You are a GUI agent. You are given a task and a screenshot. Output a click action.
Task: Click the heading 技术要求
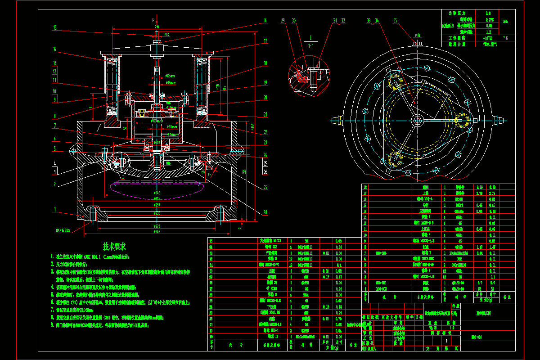115,246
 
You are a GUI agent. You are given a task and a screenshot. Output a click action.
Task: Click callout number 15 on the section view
55,27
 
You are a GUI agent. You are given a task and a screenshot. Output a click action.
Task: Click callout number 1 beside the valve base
55,209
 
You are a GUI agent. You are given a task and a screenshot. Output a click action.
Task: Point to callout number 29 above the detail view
283,21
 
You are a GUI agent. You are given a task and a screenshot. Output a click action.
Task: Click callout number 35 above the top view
396,21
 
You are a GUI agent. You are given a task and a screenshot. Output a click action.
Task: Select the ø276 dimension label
157,225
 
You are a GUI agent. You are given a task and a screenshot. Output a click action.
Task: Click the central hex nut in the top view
417,120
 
